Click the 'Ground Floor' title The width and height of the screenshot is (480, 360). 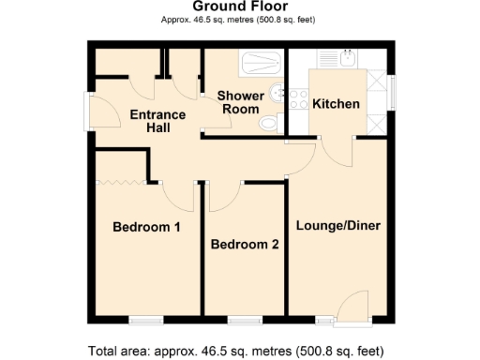239,7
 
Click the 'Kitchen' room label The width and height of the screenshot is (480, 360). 336,103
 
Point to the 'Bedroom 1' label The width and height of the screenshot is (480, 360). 146,227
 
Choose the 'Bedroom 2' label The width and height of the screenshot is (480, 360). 245,245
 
